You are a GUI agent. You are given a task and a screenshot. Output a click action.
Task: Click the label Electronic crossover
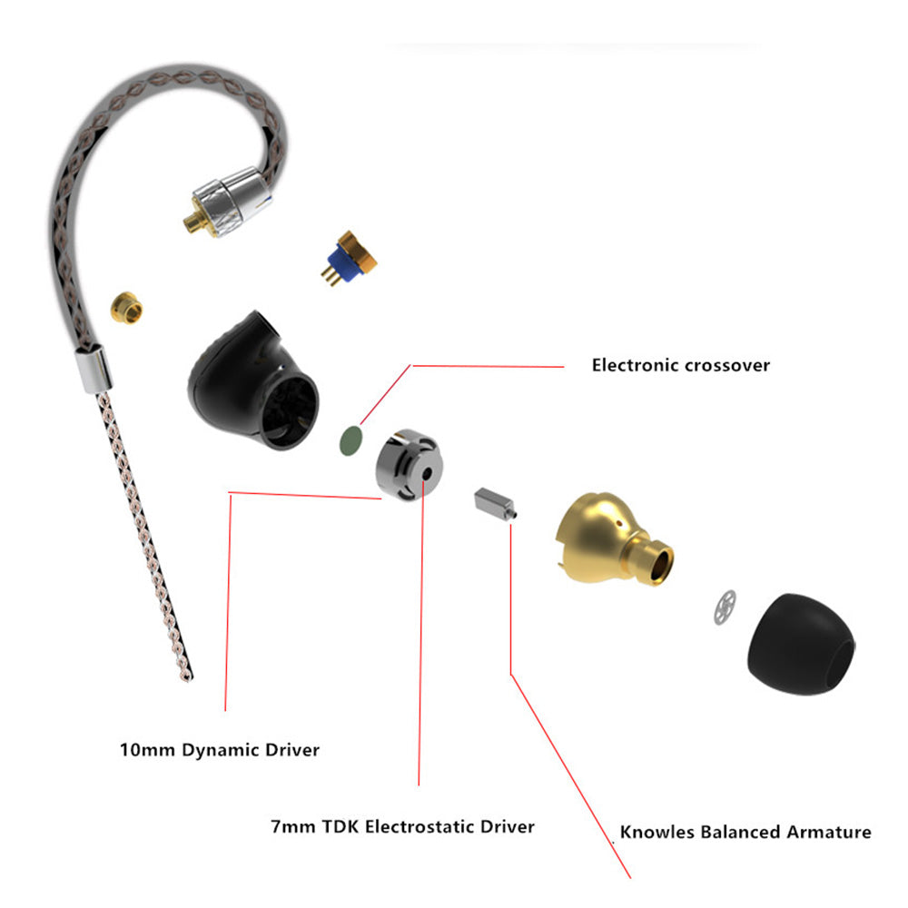click(680, 366)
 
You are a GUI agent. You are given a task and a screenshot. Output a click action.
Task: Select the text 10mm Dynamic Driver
click(220, 751)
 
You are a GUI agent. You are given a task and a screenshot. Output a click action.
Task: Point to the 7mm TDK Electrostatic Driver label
click(402, 827)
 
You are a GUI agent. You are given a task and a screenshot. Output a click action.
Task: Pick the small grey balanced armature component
click(493, 503)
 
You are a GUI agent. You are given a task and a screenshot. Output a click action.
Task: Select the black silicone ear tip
click(799, 647)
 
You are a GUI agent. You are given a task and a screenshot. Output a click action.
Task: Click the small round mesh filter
click(725, 607)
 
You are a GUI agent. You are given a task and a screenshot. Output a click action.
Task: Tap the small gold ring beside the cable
click(128, 309)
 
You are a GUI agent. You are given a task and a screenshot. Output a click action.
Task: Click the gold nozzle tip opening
click(661, 564)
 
